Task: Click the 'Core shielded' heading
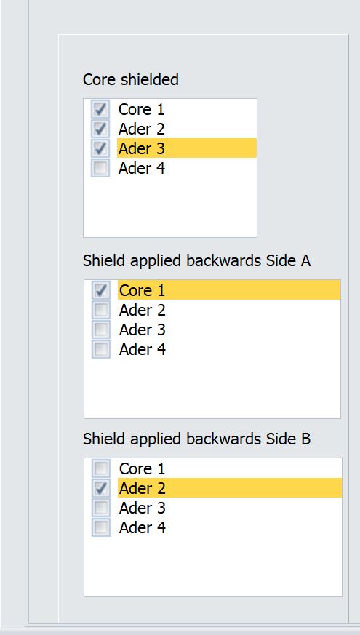(x=130, y=79)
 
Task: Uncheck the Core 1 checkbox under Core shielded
(x=100, y=109)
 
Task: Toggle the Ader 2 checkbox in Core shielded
(x=100, y=129)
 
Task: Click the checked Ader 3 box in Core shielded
(x=100, y=148)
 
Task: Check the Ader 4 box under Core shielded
(x=100, y=168)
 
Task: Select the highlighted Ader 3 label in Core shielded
(x=142, y=148)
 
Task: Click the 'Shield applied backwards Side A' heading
(x=197, y=261)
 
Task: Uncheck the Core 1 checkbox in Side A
(x=101, y=290)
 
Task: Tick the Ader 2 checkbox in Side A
(x=101, y=310)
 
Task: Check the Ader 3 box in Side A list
(x=101, y=330)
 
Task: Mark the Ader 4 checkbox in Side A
(x=101, y=349)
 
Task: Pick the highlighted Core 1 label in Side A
(x=143, y=290)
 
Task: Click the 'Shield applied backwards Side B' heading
(x=197, y=439)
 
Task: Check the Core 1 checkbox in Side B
(x=101, y=468)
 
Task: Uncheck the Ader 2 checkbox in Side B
(x=101, y=488)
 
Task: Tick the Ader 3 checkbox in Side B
(x=101, y=508)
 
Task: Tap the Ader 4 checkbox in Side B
(x=101, y=527)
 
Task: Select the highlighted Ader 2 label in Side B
(x=143, y=488)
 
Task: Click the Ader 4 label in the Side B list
(x=143, y=527)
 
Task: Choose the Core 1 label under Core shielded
(x=141, y=109)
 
